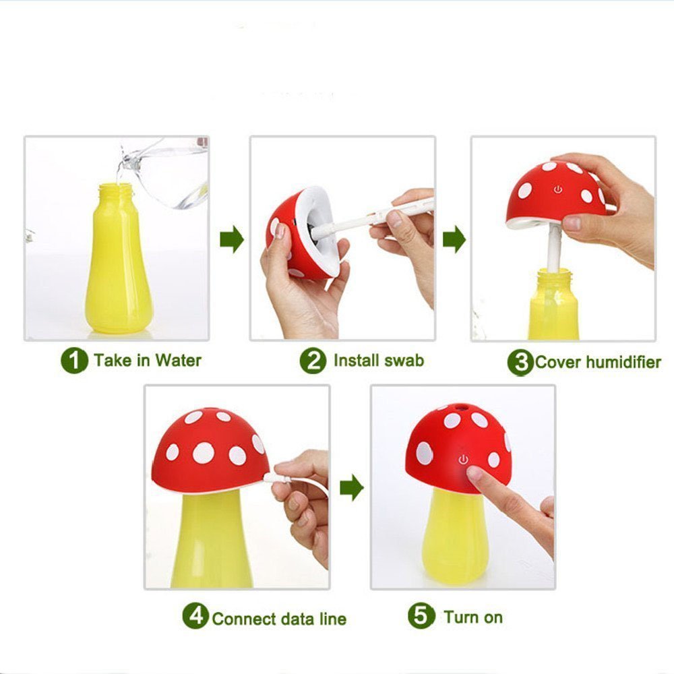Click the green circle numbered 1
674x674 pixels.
[74, 360]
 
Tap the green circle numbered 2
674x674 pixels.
[313, 360]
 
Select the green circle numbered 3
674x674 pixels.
[520, 363]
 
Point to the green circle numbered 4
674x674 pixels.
[195, 615]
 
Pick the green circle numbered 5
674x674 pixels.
[421, 615]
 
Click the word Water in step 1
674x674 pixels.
[179, 360]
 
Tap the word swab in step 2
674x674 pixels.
[404, 360]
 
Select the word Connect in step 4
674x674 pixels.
[244, 619]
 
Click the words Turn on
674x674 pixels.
[473, 617]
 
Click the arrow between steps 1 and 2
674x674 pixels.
[232, 239]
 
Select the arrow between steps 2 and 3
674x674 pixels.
[454, 239]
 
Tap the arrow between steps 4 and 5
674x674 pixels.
[352, 487]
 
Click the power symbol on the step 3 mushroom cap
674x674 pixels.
[558, 189]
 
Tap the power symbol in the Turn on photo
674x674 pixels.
[463, 460]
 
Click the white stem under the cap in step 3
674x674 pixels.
[555, 248]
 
